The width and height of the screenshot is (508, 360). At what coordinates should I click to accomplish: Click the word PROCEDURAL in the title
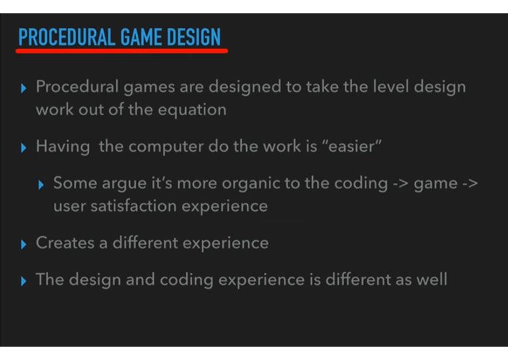67,37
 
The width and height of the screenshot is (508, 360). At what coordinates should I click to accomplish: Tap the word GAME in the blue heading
141,37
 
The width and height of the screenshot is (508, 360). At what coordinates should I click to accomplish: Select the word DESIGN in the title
194,37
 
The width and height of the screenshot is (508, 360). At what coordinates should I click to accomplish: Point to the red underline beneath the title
122,51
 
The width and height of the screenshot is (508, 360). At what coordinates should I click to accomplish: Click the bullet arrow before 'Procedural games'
23,88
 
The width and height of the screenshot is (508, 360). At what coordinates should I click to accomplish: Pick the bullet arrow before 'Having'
23,148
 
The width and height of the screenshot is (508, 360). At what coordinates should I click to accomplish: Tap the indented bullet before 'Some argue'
41,185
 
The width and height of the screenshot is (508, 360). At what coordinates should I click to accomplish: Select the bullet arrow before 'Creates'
23,244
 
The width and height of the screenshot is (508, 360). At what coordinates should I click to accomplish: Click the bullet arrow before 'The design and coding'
23,281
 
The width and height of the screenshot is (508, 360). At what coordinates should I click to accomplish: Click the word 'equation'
192,110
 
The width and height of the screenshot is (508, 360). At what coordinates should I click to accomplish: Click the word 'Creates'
65,243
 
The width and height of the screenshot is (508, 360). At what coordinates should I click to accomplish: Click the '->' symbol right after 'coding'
401,184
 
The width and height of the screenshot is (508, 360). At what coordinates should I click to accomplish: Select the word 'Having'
63,146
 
